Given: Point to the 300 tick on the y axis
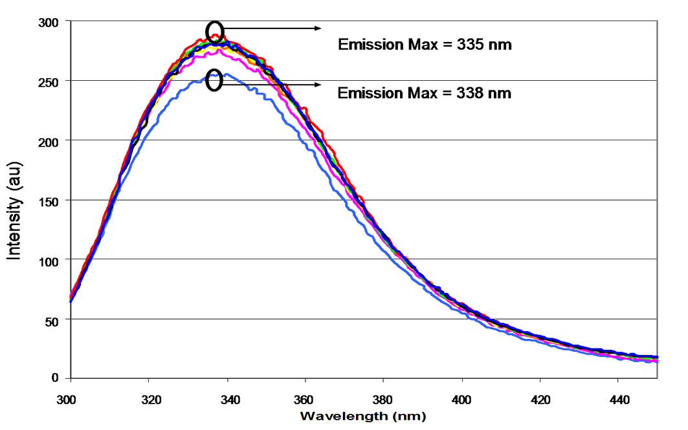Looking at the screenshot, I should tap(50, 22).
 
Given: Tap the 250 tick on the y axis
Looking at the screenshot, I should tap(50, 81).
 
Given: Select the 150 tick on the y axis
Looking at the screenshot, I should tap(50, 200).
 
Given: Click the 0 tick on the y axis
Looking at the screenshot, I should tap(56, 378).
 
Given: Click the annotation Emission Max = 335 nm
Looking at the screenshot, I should tap(425, 45).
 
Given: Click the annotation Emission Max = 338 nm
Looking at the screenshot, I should tap(425, 94).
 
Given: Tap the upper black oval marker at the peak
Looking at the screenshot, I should tap(215, 32).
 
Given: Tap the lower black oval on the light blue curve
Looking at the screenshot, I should tap(215, 81).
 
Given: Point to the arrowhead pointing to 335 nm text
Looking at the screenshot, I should tap(318, 28).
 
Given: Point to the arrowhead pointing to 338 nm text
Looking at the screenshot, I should tap(318, 85).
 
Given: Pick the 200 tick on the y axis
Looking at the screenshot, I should tap(50, 141).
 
